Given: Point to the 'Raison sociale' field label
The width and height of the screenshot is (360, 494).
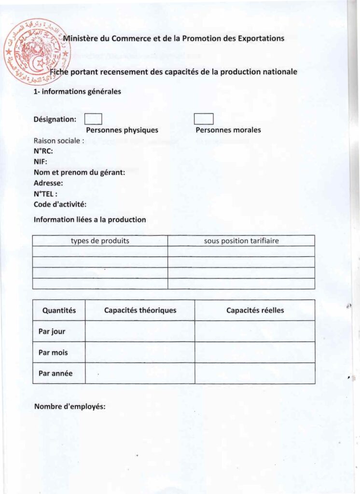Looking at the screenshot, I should point(59,141).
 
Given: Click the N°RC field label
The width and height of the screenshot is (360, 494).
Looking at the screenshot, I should point(43,151).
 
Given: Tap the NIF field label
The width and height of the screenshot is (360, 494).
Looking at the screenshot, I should point(41,162).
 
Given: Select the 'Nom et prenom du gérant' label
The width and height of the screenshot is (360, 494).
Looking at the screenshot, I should point(80,173).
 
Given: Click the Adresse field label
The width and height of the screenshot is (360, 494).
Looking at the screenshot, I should point(48,183).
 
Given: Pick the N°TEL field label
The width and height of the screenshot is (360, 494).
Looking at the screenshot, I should point(46,194).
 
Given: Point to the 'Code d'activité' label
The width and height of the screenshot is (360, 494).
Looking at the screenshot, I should point(60,205).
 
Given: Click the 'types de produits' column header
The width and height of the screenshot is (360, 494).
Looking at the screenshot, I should point(100,241).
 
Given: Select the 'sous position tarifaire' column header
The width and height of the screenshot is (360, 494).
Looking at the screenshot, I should point(241,241).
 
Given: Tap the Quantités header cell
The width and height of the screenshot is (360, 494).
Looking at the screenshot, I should point(59,311).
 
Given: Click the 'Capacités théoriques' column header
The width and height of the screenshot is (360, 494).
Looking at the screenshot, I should point(140,311).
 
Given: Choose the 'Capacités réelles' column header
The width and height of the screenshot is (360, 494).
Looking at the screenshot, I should point(255,311).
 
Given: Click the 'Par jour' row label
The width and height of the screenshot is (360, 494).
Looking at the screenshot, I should point(52,332).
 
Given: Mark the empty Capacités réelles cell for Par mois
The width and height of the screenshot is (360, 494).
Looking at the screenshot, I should point(255,353).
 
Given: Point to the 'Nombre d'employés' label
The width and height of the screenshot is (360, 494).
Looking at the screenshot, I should point(69,407).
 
